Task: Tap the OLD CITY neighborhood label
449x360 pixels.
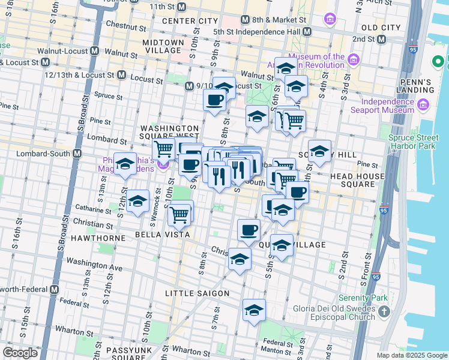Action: pyautogui.click(x=381, y=28)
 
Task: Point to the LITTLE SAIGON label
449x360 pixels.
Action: pyautogui.click(x=197, y=293)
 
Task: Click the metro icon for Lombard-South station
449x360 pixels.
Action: pyautogui.click(x=77, y=154)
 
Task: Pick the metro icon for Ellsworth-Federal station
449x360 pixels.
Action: pyautogui.click(x=55, y=289)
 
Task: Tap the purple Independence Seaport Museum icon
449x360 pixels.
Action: pyautogui.click(x=423, y=105)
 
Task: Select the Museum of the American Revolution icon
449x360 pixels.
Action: pyautogui.click(x=353, y=59)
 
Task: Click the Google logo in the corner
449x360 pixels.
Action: pyautogui.click(x=20, y=352)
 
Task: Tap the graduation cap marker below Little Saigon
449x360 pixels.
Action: pyautogui.click(x=255, y=311)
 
